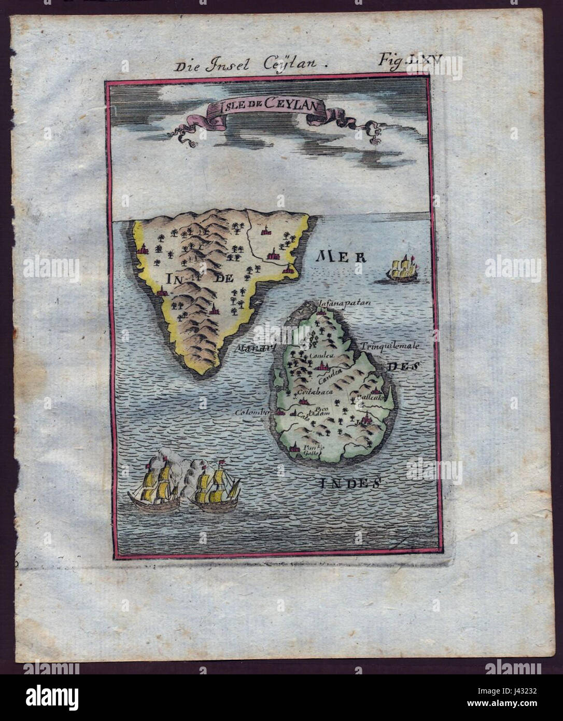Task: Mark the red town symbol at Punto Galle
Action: pos(295,447)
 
